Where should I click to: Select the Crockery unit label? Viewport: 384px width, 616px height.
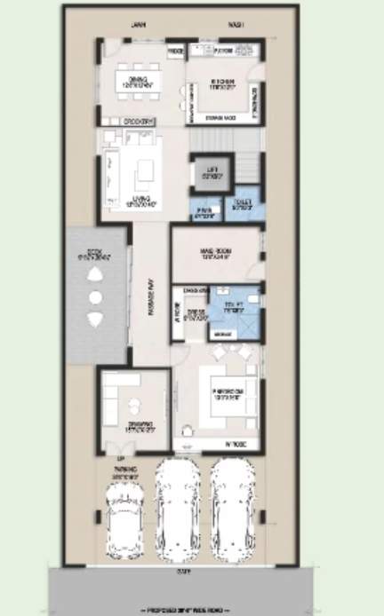[x=137, y=121]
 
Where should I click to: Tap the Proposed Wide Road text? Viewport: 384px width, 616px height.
[x=191, y=611]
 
